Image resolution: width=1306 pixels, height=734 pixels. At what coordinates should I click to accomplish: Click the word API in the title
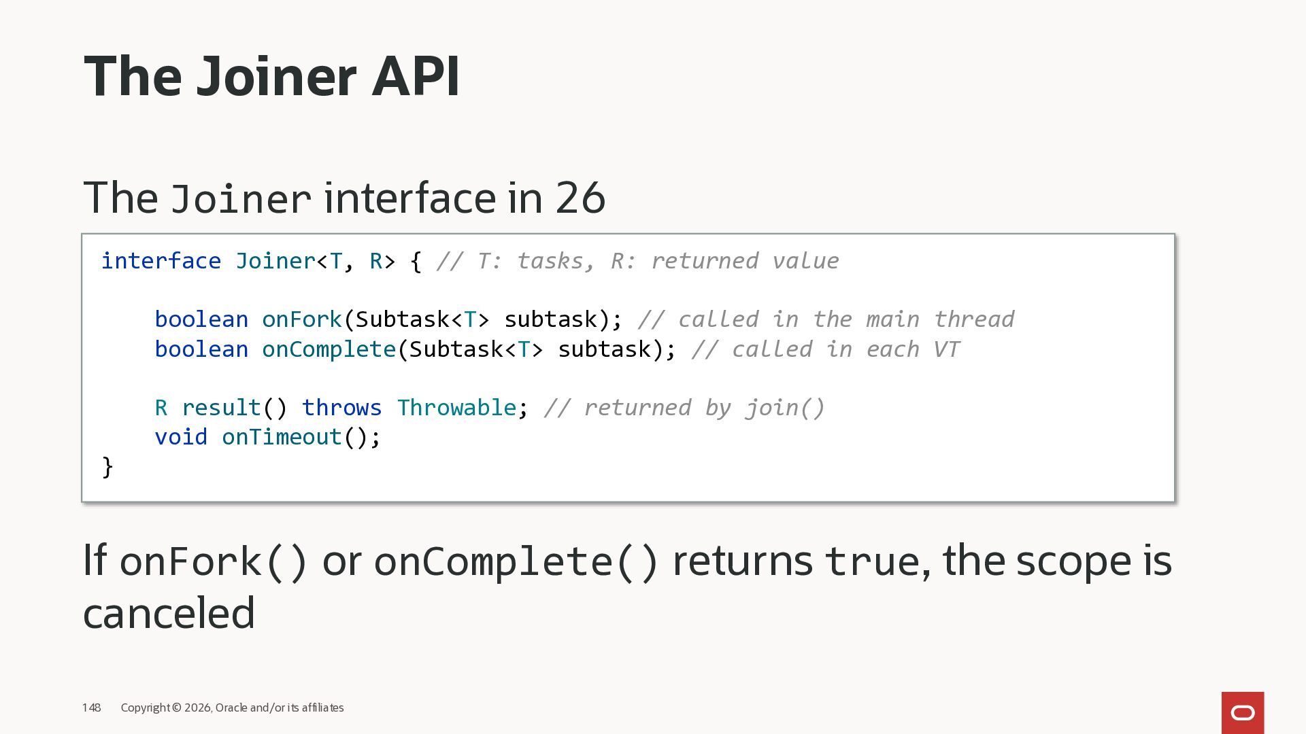coord(416,76)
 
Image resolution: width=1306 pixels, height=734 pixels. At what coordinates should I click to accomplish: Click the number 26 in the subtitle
coord(580,198)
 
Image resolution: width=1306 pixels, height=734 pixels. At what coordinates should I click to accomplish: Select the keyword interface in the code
coord(161,261)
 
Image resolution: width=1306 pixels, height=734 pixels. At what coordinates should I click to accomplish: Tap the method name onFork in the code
coord(302,319)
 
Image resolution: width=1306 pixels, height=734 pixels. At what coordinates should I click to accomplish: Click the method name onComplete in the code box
coord(329,349)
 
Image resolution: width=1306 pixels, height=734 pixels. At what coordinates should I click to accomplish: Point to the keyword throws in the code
coord(341,408)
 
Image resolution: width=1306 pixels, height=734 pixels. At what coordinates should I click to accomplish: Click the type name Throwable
coord(456,408)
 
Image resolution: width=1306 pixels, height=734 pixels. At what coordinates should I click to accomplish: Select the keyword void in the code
coord(181,437)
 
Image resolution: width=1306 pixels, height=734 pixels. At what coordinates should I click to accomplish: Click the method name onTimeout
coord(282,437)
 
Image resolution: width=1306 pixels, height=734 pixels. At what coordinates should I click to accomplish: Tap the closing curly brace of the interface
coord(107,467)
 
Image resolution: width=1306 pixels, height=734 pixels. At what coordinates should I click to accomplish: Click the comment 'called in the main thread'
coord(826,319)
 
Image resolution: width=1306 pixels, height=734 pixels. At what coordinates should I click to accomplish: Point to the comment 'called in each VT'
coord(826,349)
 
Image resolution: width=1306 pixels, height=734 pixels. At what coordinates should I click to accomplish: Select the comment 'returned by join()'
coord(684,408)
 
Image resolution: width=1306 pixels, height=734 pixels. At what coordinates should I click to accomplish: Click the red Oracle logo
coord(1242,712)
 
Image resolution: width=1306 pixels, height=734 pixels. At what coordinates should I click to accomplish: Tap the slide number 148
coord(92,707)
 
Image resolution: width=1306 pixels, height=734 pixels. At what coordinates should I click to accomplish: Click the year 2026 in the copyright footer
coord(197,707)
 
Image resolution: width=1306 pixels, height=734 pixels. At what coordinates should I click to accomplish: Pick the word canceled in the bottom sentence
coord(169,613)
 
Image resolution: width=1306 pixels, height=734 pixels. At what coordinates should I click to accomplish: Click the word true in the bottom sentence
coord(872,561)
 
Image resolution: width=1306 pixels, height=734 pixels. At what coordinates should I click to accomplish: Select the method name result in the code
coord(221,408)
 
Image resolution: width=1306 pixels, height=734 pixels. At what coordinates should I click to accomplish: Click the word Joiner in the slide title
coord(276,76)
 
